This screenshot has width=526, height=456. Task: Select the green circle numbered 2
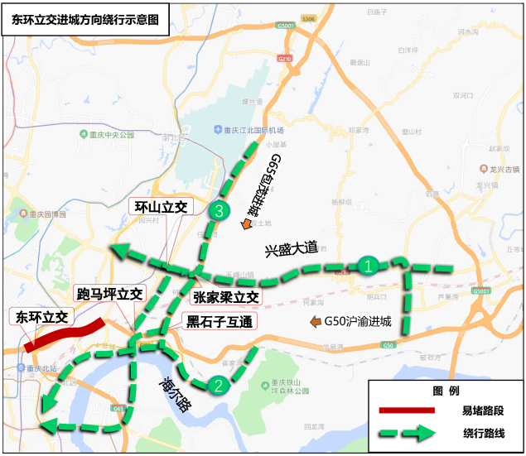click(x=218, y=384)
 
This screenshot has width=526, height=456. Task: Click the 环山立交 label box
click(x=162, y=206)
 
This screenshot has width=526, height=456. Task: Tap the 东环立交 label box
click(x=42, y=316)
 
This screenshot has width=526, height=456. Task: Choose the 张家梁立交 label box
click(x=226, y=297)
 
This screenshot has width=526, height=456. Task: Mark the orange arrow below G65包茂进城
click(x=246, y=223)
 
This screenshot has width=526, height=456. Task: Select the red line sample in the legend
click(x=406, y=410)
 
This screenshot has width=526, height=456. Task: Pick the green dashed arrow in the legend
click(x=406, y=433)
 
